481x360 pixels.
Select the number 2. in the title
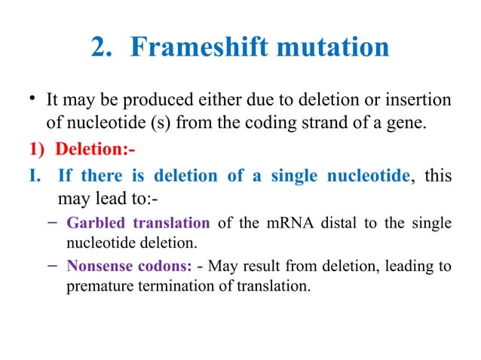[106, 47]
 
